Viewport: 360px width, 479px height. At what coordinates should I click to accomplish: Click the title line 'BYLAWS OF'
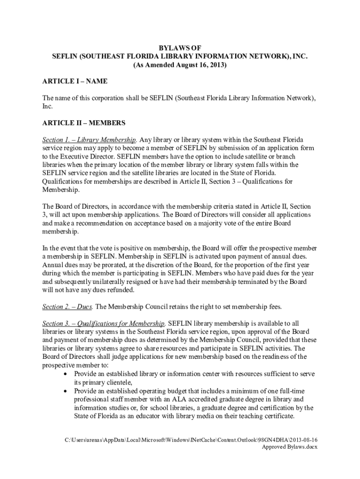point(180,48)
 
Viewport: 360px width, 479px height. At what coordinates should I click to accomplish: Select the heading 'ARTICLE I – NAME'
point(75,81)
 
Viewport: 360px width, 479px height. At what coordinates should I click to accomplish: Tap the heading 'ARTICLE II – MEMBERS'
point(84,123)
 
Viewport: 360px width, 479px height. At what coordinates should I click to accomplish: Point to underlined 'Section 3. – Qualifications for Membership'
point(103,323)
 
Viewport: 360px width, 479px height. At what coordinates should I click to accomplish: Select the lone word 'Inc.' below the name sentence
point(48,106)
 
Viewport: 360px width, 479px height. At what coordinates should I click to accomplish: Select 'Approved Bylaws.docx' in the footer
point(289,447)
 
